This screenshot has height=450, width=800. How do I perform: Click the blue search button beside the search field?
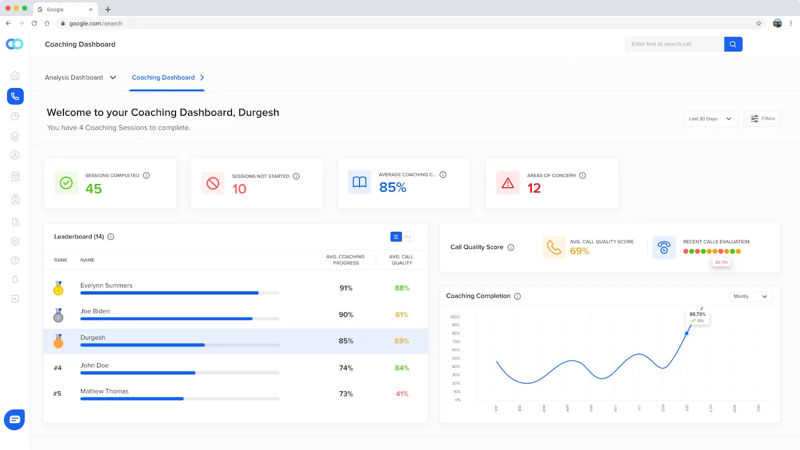click(733, 44)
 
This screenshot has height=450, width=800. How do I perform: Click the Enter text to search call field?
click(674, 44)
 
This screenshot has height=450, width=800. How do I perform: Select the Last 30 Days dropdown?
click(710, 119)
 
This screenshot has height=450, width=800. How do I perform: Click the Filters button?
click(762, 118)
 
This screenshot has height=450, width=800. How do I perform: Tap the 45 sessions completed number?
click(93, 189)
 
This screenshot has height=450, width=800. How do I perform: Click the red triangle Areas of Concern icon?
click(507, 183)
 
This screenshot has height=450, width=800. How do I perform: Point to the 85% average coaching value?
click(392, 187)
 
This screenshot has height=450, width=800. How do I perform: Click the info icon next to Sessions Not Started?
click(296, 176)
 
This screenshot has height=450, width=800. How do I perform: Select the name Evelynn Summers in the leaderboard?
click(106, 285)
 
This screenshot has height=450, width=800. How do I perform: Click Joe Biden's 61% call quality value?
click(401, 314)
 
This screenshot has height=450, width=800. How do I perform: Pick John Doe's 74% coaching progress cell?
click(346, 368)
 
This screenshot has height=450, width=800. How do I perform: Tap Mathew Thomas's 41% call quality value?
click(402, 394)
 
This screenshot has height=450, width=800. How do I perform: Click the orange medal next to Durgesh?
click(58, 341)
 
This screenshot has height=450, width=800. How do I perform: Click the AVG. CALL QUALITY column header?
click(401, 259)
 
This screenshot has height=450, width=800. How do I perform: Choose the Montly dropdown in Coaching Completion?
click(750, 296)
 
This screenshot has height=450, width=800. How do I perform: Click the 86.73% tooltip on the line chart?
click(697, 317)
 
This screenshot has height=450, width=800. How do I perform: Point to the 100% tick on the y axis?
click(455, 317)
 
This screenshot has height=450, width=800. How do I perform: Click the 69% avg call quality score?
click(579, 251)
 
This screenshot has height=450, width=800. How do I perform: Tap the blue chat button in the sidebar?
click(14, 419)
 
